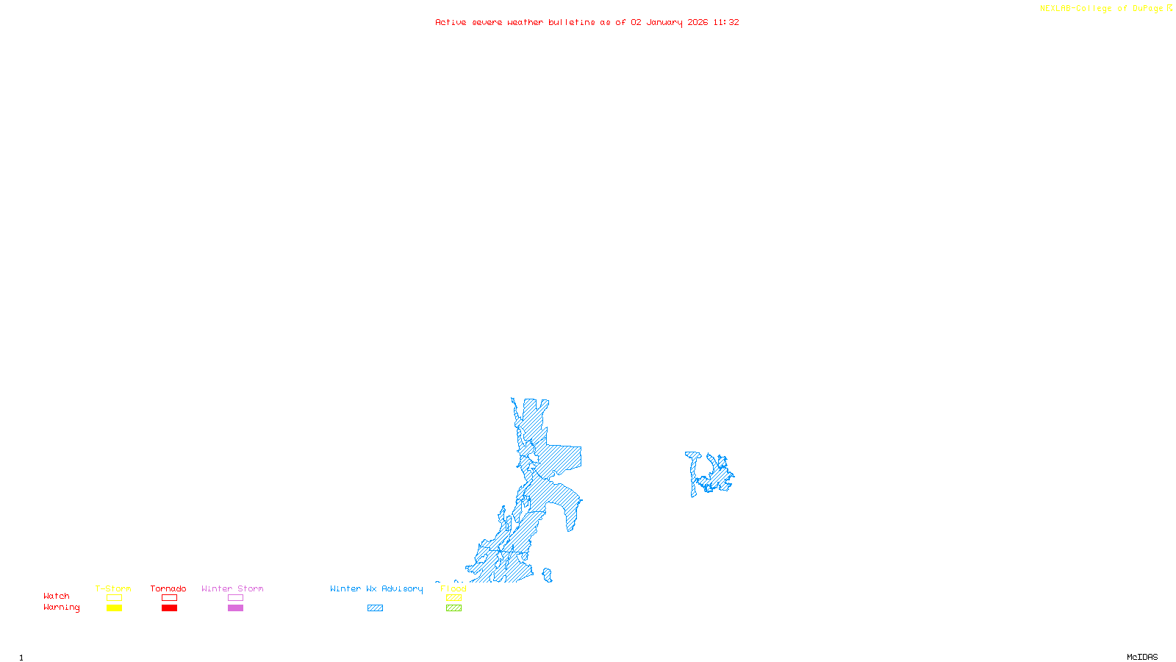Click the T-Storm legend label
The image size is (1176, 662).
(x=113, y=588)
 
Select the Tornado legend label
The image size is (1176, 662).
(x=168, y=588)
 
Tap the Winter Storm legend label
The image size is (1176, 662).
(x=232, y=588)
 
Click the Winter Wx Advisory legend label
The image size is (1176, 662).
(x=376, y=588)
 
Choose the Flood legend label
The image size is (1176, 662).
(x=453, y=588)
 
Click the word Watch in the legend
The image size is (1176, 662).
(x=57, y=597)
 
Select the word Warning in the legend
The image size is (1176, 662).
(x=62, y=608)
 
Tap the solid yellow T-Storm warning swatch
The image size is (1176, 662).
(x=114, y=608)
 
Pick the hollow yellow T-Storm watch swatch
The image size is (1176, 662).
(x=114, y=598)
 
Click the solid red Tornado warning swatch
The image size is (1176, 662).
(x=169, y=608)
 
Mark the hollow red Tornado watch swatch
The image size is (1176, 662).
(x=169, y=598)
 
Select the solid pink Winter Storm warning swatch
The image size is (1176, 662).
(x=235, y=608)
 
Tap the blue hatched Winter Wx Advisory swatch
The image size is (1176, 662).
(x=375, y=608)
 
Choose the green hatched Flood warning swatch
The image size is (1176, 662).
(x=453, y=608)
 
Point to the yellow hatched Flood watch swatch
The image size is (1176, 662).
(x=453, y=598)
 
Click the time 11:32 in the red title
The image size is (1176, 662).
(x=726, y=22)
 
